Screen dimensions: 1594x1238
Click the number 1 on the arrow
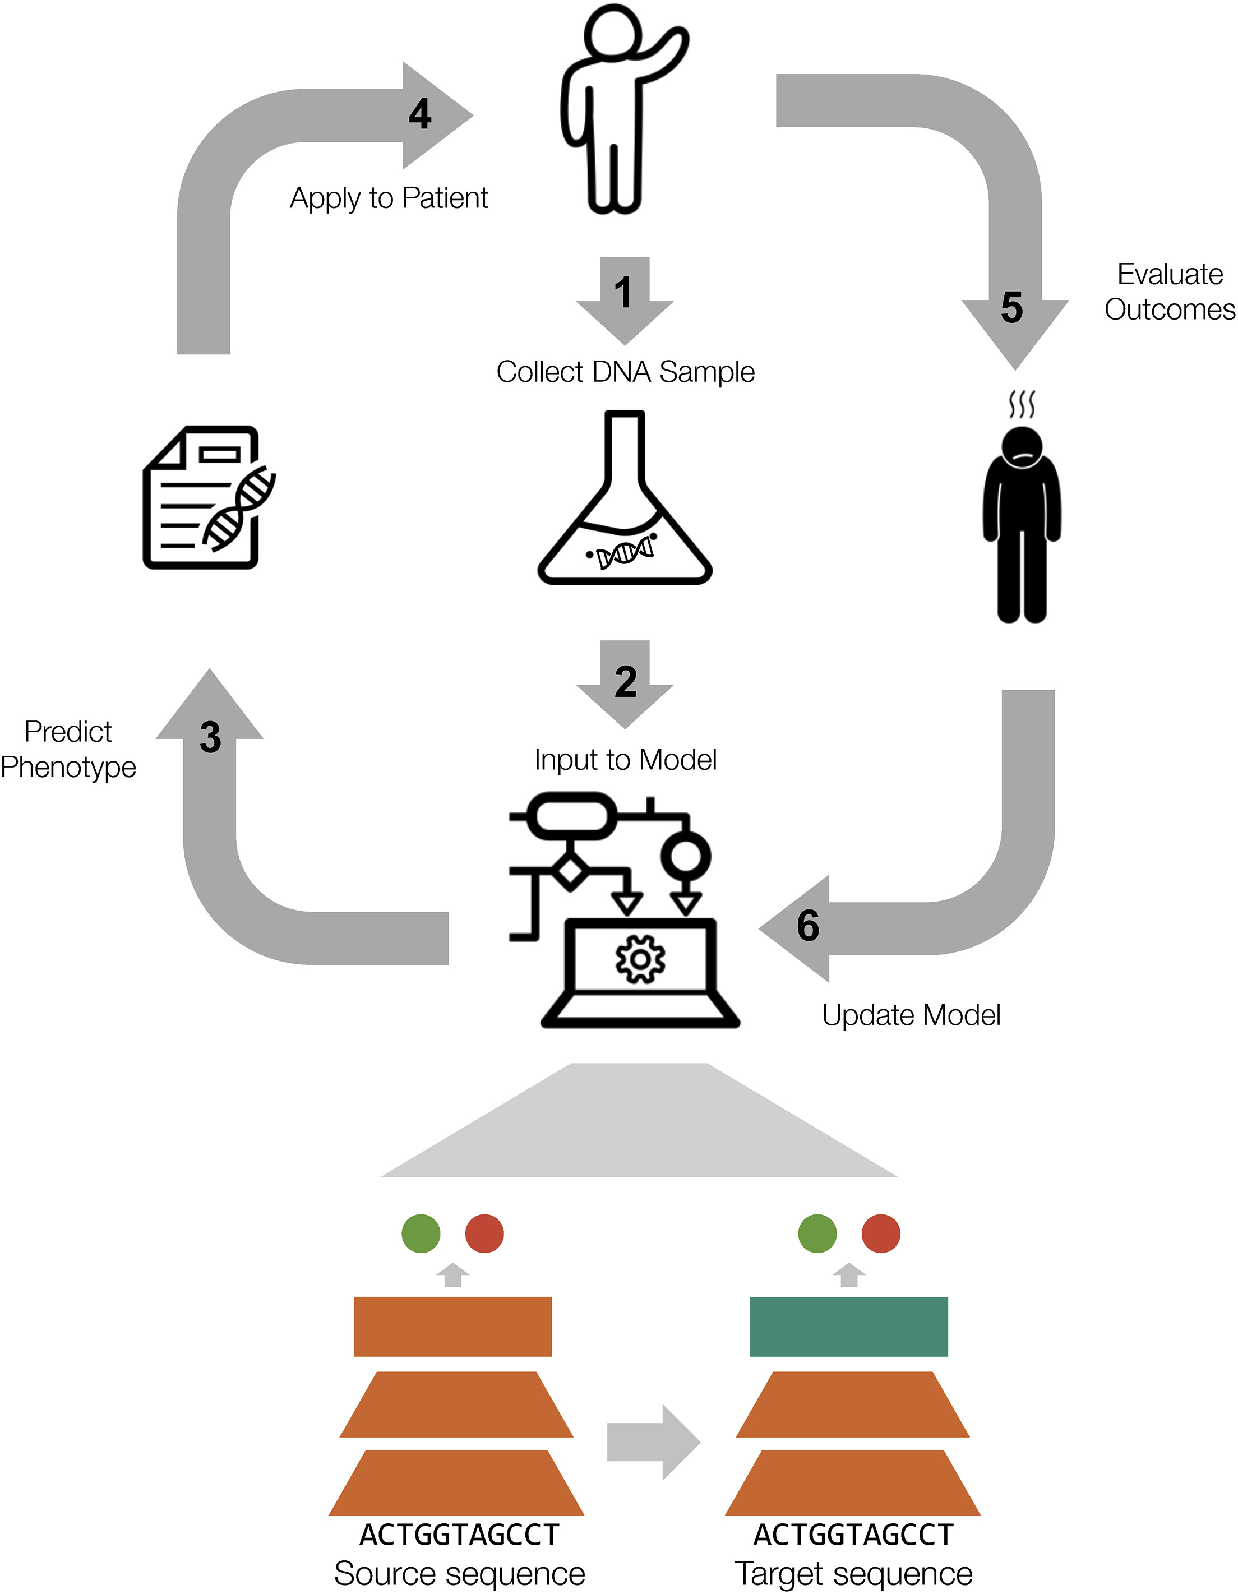point(623,293)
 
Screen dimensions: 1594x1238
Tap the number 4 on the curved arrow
point(420,114)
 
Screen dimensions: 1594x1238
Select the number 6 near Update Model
point(808,926)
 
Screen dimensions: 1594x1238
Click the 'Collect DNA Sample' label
point(625,372)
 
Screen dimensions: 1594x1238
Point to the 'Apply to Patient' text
point(389,198)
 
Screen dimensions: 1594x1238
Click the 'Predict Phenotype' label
point(68,750)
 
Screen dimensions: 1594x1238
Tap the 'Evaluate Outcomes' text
point(1170,292)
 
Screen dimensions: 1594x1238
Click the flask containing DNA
point(625,511)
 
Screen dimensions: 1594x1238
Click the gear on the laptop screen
point(640,959)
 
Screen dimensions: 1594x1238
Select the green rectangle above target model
point(848,1326)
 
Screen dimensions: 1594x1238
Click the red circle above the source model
point(484,1233)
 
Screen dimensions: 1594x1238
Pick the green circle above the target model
point(817,1233)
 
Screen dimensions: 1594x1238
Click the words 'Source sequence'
point(460,1574)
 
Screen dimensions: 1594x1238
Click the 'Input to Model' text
point(625,760)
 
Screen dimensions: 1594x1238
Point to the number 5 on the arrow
point(1011,307)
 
